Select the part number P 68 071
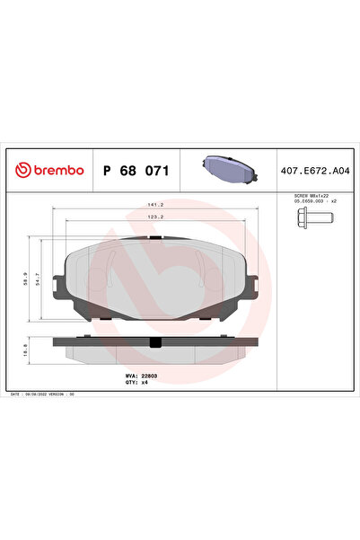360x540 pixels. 136,168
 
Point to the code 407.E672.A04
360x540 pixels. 317,168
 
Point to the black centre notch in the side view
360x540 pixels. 155,341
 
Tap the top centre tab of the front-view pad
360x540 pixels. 155,238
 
